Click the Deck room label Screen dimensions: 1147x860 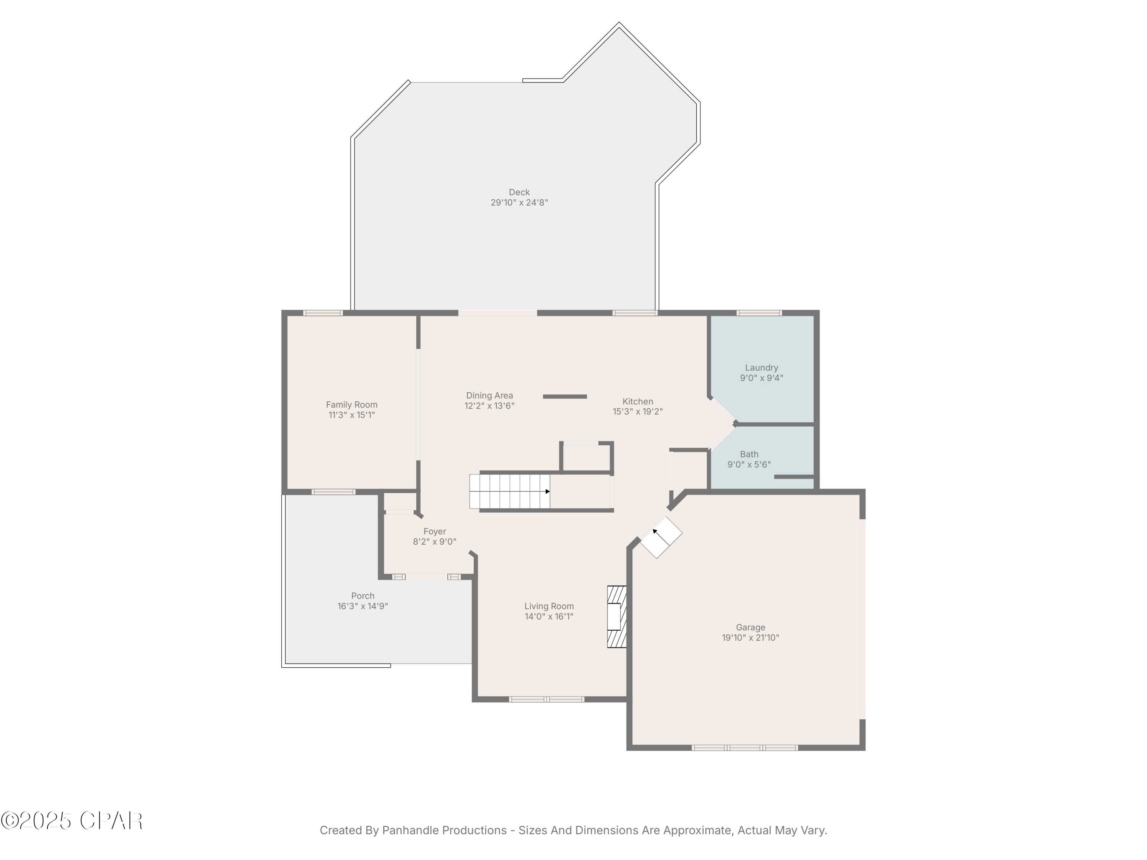519,192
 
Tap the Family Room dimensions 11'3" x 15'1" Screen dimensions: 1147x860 352,415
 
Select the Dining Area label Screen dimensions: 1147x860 489,396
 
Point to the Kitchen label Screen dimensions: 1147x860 638,402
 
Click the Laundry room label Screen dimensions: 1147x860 761,368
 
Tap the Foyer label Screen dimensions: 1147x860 435,531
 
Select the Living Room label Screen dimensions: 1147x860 549,606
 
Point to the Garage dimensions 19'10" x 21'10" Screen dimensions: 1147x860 750,638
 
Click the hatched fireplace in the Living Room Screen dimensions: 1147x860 617,617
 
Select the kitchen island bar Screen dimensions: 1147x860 565,397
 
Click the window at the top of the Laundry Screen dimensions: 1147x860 759,313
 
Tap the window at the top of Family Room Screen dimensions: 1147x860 323,313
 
